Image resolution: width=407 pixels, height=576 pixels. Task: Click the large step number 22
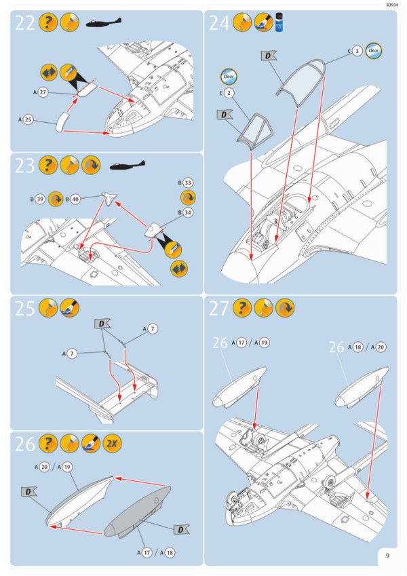(x=25, y=23)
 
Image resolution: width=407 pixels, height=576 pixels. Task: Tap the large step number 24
(x=219, y=23)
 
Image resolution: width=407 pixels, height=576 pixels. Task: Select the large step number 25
(x=25, y=309)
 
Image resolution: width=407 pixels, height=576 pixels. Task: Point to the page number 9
(x=387, y=556)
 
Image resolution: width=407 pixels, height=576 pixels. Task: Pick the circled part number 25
(x=28, y=119)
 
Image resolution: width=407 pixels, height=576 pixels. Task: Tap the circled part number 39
(x=41, y=199)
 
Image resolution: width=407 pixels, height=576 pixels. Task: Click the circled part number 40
(x=75, y=199)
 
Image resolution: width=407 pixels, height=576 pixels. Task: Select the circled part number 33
(x=188, y=183)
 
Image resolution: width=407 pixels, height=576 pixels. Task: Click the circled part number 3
(x=357, y=51)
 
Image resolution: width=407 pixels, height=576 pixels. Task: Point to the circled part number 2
(x=229, y=92)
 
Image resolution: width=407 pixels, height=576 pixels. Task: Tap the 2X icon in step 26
(x=111, y=444)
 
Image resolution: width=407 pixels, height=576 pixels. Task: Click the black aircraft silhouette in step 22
(x=104, y=24)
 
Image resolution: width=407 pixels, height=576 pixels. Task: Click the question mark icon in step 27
(x=242, y=309)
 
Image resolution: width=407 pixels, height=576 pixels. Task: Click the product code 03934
(x=391, y=5)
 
